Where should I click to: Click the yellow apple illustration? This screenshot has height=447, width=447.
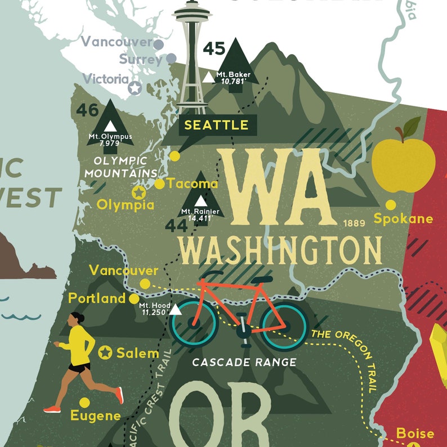404,158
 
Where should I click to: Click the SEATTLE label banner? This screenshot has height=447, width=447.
216,125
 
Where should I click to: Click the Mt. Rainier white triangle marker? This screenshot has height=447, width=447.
200,201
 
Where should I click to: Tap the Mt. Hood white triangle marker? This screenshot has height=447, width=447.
176,310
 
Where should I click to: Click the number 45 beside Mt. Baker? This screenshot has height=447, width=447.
214,48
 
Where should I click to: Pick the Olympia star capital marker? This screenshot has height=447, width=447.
138,193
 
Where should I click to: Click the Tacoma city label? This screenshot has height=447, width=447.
193,184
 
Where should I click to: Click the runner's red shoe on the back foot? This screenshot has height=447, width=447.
119,395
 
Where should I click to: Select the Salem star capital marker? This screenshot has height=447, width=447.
105,353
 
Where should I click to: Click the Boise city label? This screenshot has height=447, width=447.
415,433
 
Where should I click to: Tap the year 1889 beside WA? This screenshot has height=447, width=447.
354,223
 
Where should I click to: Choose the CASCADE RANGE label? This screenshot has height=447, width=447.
244,362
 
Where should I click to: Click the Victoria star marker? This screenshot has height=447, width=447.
135,88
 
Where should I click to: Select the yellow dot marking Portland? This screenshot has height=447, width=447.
134,298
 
